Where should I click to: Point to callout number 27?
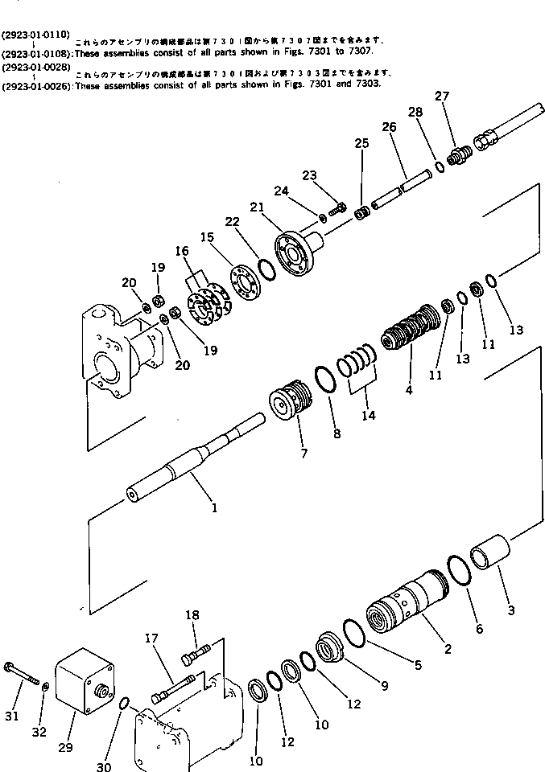pos(441,96)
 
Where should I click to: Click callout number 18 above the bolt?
pos(192,615)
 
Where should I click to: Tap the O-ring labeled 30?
pos(125,705)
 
